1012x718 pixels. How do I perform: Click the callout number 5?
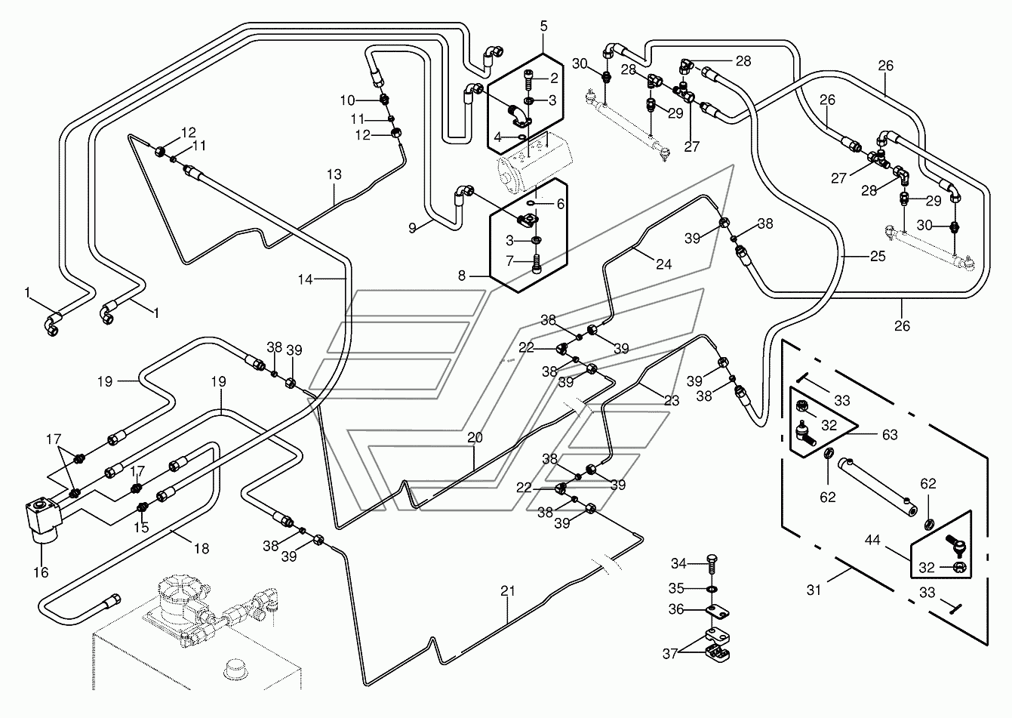point(543,26)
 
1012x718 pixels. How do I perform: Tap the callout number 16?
point(41,572)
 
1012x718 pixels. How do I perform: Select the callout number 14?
point(306,279)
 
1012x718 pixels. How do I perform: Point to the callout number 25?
point(878,256)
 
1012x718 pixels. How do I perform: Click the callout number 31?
point(814,590)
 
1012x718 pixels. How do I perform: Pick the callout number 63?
point(890,435)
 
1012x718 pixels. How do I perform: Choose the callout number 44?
point(872,540)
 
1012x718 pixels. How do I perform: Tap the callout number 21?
point(508,590)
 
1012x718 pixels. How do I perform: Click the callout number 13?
point(334,174)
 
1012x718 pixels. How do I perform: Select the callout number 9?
point(412,228)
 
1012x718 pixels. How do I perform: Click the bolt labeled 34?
point(712,565)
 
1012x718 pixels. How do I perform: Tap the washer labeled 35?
point(712,589)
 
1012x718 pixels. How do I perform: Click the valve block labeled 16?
point(43,519)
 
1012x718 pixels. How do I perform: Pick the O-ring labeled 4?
point(521,137)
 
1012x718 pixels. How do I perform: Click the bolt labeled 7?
point(537,263)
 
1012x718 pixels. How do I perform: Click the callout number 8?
point(461,275)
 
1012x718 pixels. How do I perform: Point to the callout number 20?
point(475,437)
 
